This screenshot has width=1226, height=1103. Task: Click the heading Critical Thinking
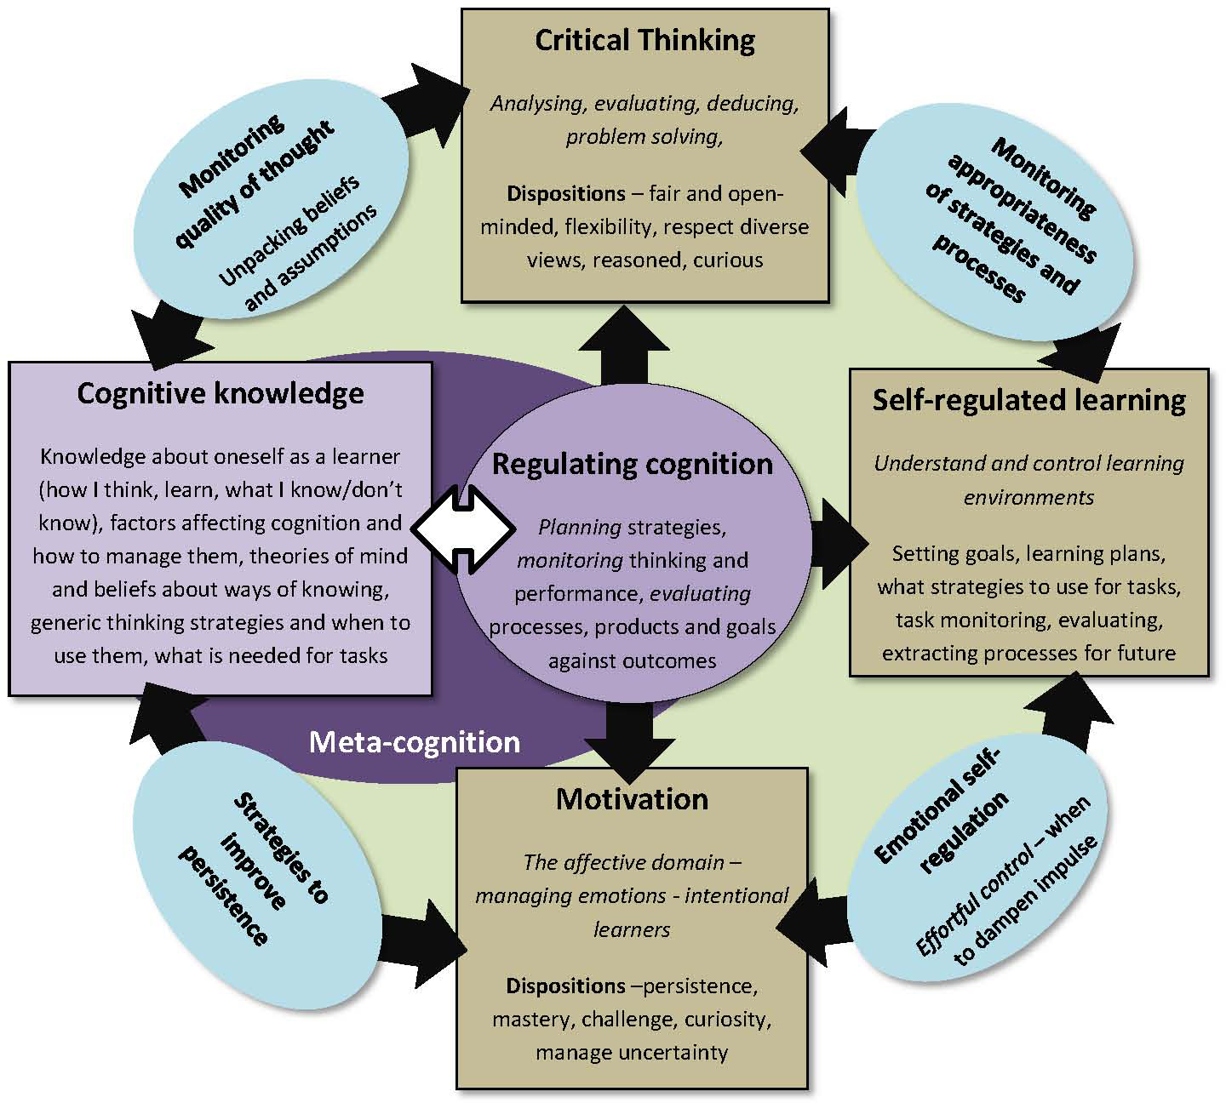click(x=645, y=41)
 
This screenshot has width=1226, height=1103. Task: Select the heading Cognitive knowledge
click(x=221, y=393)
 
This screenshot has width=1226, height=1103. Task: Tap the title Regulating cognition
click(x=633, y=464)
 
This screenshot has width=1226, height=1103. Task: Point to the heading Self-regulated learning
click(x=1028, y=401)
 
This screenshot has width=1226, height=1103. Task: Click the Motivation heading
click(x=632, y=799)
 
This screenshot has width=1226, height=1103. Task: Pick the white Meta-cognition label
click(x=414, y=742)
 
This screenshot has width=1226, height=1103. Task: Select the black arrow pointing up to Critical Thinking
click(x=624, y=345)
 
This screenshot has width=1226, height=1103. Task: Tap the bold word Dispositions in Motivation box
click(x=565, y=986)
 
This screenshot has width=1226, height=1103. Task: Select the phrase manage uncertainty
click(x=632, y=1053)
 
